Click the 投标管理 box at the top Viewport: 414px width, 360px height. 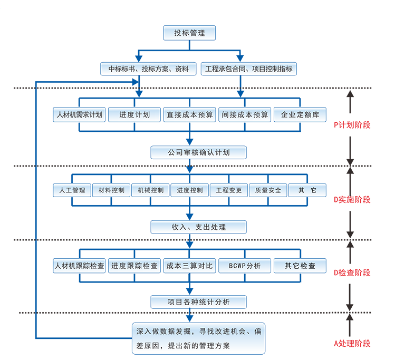[189, 33]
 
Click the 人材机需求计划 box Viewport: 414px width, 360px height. [79, 115]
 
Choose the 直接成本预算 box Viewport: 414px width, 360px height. [189, 115]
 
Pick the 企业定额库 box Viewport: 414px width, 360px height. [300, 115]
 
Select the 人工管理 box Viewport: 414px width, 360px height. [72, 190]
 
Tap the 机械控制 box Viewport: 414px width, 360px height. [150, 190]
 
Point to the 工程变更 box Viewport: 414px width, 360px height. [228, 190]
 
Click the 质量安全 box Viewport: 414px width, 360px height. [268, 190]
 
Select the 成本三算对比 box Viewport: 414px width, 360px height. [189, 266]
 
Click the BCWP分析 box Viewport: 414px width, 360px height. [245, 266]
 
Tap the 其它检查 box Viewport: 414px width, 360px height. [300, 266]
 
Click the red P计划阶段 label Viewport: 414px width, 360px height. [352, 125]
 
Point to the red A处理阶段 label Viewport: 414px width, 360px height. [352, 343]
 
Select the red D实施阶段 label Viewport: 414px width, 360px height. [352, 200]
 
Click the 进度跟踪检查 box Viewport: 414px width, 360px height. [134, 266]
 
